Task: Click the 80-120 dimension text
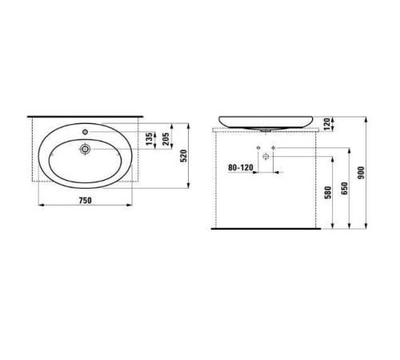click(242, 169)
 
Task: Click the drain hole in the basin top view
click(84, 147)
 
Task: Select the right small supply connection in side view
click(274, 149)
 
